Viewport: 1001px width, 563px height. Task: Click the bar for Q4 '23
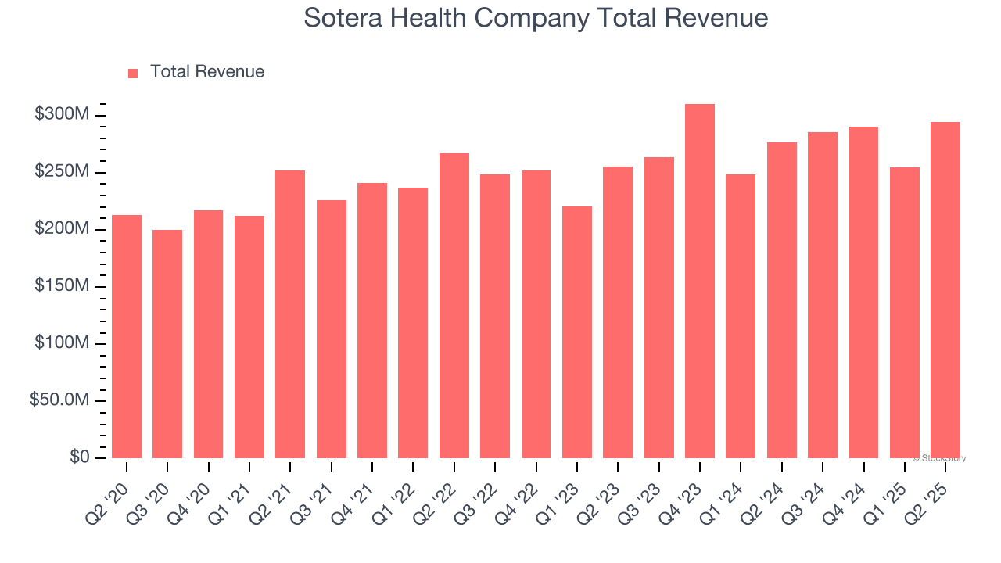[700, 281]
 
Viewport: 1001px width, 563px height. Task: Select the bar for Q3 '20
[167, 344]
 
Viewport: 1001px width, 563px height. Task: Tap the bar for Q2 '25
[945, 290]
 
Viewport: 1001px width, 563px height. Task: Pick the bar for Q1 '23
[577, 332]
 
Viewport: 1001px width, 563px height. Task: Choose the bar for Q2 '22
[454, 306]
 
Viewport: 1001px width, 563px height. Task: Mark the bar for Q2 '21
[290, 314]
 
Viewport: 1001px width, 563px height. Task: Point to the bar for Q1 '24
[741, 317]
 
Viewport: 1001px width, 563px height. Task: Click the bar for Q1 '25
[905, 313]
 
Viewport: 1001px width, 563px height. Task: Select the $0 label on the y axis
[79, 457]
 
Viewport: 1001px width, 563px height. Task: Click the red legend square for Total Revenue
[133, 73]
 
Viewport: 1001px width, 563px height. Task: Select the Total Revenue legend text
[207, 72]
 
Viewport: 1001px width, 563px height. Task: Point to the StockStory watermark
[939, 458]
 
